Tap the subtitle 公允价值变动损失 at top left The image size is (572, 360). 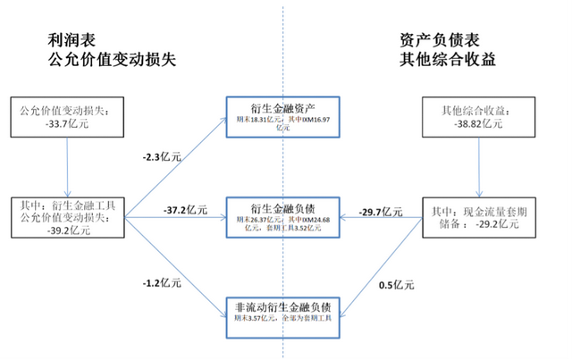[110, 62]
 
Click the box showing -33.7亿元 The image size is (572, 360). [67, 116]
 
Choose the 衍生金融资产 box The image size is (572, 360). [282, 116]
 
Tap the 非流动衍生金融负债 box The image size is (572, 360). [282, 307]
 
